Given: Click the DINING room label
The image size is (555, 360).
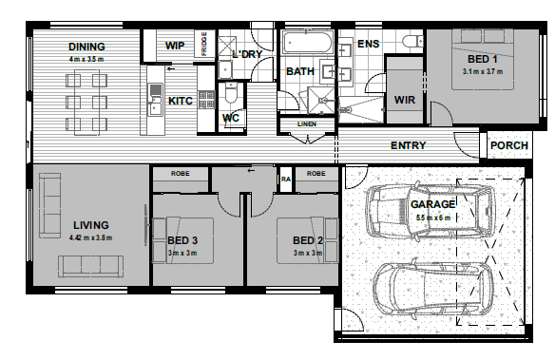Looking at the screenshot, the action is tap(86, 47).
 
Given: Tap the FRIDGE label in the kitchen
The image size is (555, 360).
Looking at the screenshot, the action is tap(204, 44).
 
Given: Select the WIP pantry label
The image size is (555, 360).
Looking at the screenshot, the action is tap(175, 46).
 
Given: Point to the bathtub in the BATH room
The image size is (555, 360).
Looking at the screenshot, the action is tap(307, 43).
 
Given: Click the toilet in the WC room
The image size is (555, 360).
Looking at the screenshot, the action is tap(231, 92).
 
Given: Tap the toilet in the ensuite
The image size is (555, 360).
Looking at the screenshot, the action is tap(412, 41).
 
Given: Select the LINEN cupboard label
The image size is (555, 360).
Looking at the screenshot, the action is tap(307, 124).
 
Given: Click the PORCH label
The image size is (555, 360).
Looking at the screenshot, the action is tap(509, 145).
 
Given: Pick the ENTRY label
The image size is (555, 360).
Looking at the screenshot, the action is tap(408, 145).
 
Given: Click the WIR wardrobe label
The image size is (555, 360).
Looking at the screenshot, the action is tap(405, 100).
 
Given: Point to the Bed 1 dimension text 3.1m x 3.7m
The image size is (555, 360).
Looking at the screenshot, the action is tap(483, 71).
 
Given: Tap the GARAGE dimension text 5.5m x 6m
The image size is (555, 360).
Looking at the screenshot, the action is tap(433, 218).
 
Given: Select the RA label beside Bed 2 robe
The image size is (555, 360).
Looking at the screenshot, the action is tap(286, 180).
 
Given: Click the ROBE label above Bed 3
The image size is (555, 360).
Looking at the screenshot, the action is tap(181, 174).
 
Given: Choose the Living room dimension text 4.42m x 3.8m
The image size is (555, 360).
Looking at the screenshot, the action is tap(90, 237).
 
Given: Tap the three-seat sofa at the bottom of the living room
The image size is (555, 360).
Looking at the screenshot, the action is tap(91, 267).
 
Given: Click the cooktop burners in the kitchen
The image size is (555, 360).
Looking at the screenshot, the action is tap(206, 100).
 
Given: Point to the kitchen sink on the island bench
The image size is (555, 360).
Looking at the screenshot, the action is tap(155, 100).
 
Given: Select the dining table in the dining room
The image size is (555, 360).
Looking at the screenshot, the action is tap(86, 103).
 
